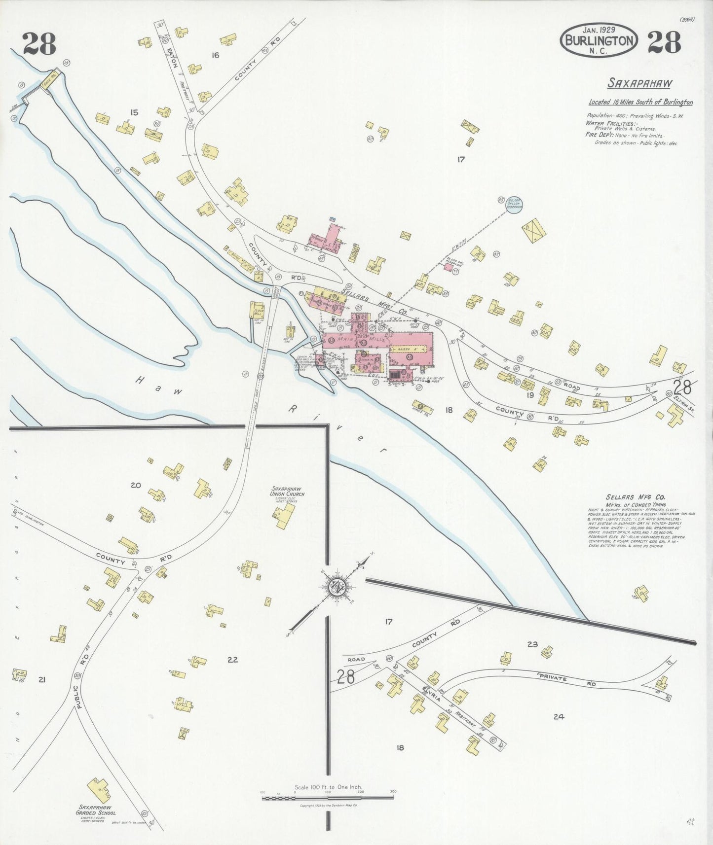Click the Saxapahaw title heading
pyautogui.click(x=639, y=83)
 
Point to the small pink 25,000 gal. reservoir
pyautogui.click(x=448, y=267)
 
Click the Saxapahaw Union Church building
pyautogui.click(x=282, y=517)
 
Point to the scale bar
pyautogui.click(x=328, y=797)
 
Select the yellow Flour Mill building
pyautogui.click(x=258, y=312)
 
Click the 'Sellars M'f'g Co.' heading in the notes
pyautogui.click(x=635, y=497)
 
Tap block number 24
pyautogui.click(x=559, y=717)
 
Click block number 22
pyautogui.click(x=232, y=659)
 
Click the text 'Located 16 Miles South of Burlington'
pyautogui.click(x=640, y=103)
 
